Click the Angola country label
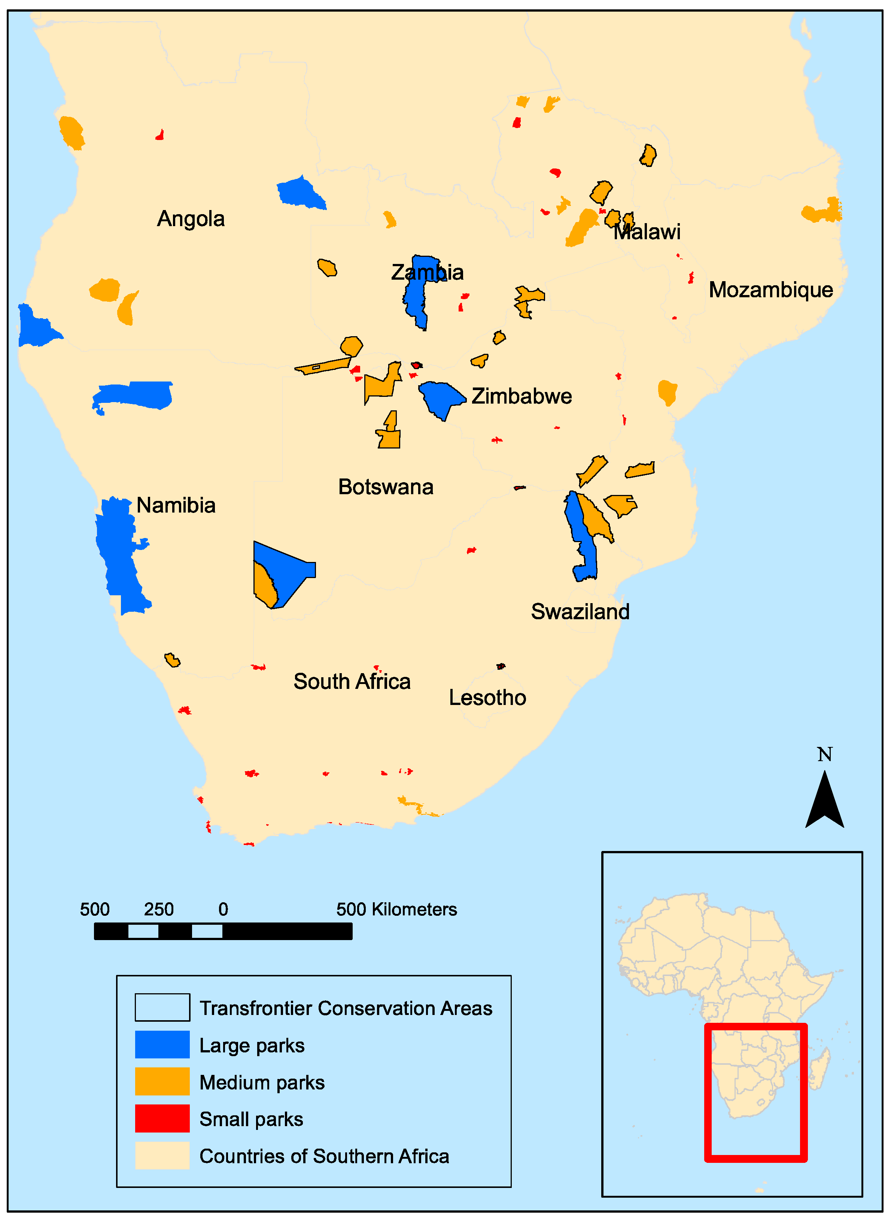(191, 219)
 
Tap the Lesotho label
(487, 698)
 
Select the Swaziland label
(580, 612)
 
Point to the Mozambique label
(770, 290)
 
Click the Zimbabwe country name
(521, 396)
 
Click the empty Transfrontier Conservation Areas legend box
(162, 1007)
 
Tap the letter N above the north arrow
(824, 754)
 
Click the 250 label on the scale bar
(159, 909)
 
